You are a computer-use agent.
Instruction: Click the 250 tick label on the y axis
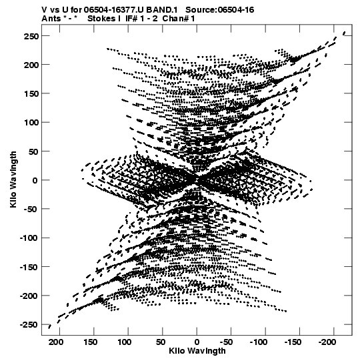coord(31,36)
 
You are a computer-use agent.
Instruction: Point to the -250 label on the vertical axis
coord(29,325)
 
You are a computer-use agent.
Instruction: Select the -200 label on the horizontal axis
coord(327,342)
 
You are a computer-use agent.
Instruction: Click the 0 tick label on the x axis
coord(197,342)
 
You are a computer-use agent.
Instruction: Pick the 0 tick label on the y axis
coord(35,180)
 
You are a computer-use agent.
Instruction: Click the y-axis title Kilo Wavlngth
coord(13,179)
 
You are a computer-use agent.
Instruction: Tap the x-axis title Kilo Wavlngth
coord(197,351)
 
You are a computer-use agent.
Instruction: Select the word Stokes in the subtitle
coord(101,19)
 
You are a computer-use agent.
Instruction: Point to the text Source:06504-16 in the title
coord(220,10)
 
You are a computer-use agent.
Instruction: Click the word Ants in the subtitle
coord(51,19)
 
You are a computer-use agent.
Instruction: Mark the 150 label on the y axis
coord(31,93)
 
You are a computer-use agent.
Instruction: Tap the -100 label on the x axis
coord(259,342)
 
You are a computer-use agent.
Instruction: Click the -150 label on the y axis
coord(29,267)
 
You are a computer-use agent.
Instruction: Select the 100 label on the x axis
coord(125,342)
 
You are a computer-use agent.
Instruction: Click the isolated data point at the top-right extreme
coord(344,33)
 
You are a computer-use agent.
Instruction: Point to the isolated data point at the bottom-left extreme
coord(49,326)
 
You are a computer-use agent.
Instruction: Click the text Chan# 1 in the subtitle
coord(179,19)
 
